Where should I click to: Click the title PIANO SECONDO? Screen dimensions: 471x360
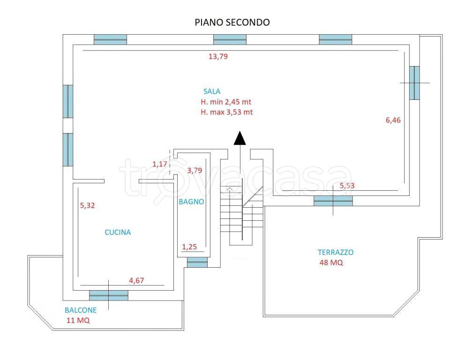click(232, 22)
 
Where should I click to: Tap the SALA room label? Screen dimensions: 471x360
click(212, 91)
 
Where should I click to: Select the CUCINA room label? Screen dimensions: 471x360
click(118, 232)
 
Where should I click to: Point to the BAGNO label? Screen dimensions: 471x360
click(191, 202)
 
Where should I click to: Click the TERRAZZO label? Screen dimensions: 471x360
click(336, 252)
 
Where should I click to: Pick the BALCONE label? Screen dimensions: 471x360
click(81, 310)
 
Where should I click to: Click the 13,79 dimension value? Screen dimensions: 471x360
click(218, 57)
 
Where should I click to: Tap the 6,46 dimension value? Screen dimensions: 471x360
click(393, 120)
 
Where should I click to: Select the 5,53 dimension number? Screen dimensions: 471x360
click(347, 186)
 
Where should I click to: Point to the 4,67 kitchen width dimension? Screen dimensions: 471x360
click(136, 281)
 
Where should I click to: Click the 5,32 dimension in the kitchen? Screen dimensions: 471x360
click(88, 205)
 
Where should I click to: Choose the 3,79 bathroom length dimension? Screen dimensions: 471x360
click(194, 171)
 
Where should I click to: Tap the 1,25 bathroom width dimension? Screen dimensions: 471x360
click(189, 247)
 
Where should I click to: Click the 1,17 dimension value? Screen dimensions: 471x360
click(159, 164)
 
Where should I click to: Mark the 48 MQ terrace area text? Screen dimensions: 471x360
click(331, 262)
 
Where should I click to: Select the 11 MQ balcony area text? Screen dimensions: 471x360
click(78, 320)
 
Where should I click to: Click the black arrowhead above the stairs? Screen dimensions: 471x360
click(239, 138)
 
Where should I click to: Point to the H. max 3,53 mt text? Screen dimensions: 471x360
click(227, 112)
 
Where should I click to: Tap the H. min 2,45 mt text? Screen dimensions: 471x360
click(226, 102)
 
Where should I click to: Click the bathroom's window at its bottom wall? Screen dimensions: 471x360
click(197, 262)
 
